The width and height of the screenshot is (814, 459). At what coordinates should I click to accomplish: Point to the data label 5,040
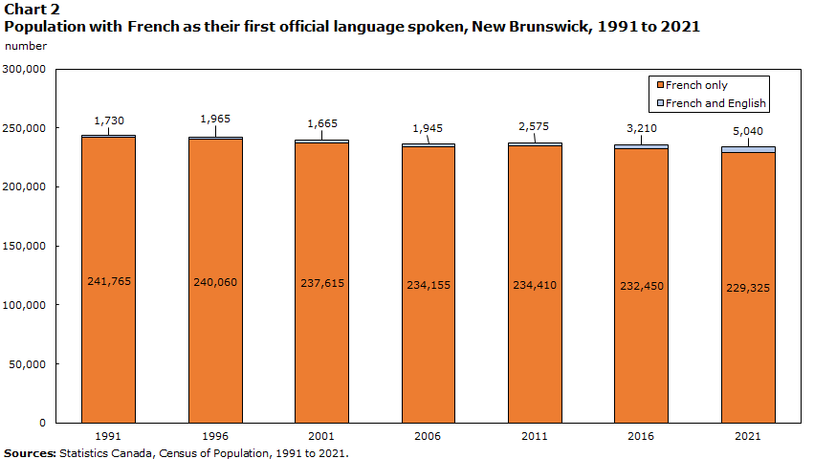coord(748,132)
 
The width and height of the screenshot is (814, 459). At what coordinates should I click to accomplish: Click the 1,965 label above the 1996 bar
coord(215,119)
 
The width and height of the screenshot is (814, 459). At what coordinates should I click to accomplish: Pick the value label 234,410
coord(535,284)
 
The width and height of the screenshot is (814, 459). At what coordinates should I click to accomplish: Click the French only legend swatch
coord(658,86)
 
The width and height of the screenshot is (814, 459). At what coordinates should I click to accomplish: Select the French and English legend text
coord(715,103)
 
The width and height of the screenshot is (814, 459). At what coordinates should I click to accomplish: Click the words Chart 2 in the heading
coord(27,9)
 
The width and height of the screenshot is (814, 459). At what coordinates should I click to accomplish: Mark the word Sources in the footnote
coord(29,452)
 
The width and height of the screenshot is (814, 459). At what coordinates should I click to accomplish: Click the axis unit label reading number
coord(25,46)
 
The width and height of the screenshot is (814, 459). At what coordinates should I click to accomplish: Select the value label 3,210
coord(641,126)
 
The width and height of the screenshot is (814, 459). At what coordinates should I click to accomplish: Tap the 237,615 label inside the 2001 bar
coord(321,283)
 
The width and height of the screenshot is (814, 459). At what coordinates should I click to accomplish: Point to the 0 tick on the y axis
coord(41,423)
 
